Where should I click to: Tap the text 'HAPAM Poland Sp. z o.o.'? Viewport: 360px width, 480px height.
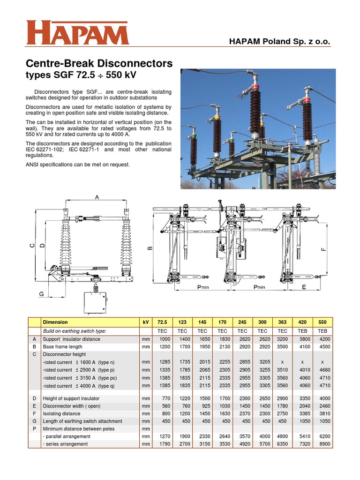[x=279, y=42]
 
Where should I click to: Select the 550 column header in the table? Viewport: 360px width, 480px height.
[x=322, y=322]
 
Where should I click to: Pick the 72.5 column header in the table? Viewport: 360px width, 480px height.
[x=163, y=322]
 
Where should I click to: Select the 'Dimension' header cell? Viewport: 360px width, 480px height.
[x=55, y=322]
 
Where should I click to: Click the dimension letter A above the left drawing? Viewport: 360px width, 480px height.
[x=97, y=197]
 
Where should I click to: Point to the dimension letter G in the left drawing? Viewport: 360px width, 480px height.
[x=41, y=294]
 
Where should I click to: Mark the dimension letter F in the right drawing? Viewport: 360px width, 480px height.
[x=323, y=249]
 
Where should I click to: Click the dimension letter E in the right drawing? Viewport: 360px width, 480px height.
[x=304, y=287]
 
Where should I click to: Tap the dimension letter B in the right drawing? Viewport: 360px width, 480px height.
[x=150, y=249]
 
